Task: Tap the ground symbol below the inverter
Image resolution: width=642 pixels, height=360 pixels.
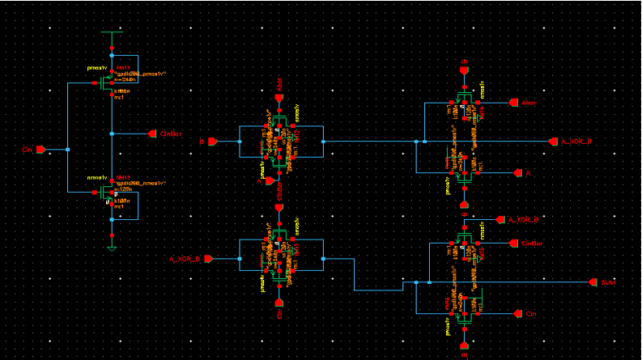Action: (112, 248)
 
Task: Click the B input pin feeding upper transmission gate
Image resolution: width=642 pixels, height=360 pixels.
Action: (212, 142)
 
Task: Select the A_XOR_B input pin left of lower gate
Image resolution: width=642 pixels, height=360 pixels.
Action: (208, 259)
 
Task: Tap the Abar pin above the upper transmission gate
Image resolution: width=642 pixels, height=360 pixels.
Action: (279, 97)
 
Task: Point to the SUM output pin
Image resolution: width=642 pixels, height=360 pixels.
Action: (595, 282)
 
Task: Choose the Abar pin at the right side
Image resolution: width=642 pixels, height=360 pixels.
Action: (512, 103)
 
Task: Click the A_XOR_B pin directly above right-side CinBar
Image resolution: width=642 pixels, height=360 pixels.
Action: (500, 219)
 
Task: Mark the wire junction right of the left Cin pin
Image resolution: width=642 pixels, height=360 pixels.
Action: (67, 150)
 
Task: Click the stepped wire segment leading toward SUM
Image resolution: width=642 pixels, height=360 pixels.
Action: (379, 289)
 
